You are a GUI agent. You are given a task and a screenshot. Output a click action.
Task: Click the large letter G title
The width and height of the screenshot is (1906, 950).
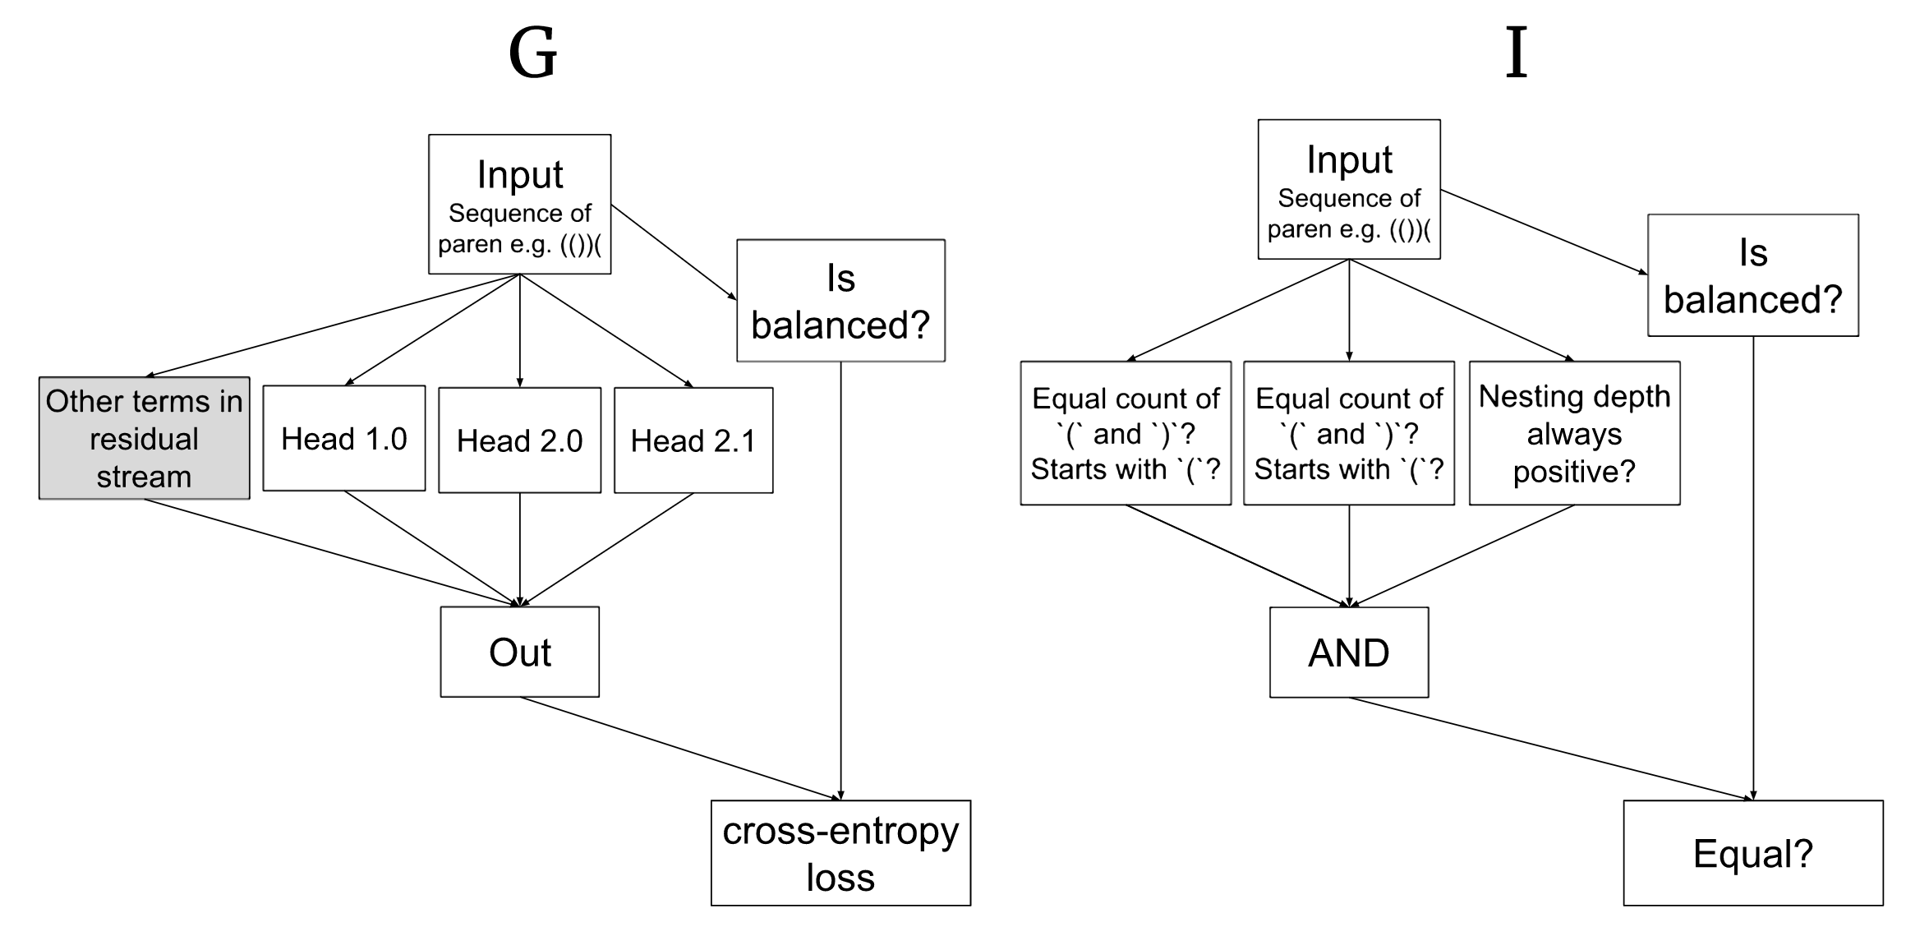[x=532, y=53]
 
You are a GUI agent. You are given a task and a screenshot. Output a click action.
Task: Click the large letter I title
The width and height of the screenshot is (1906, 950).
[x=1516, y=53]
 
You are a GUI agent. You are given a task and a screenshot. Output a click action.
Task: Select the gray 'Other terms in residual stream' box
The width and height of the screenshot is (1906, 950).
[x=145, y=438]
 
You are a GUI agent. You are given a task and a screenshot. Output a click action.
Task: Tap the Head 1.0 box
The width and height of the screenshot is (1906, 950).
[x=344, y=438]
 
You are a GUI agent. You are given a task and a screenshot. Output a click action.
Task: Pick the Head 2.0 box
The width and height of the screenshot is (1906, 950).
[x=519, y=440]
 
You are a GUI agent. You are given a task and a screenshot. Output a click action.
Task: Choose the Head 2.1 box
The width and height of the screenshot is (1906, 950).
[x=693, y=440]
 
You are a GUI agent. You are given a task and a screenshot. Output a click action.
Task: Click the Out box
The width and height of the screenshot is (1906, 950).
[x=519, y=652]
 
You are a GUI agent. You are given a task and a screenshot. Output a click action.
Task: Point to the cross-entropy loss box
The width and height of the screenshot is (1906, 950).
[x=840, y=853]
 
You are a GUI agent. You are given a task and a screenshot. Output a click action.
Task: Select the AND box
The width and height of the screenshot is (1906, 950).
[x=1348, y=653]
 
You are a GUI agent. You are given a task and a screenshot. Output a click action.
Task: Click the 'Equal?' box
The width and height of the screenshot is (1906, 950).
[x=1752, y=853]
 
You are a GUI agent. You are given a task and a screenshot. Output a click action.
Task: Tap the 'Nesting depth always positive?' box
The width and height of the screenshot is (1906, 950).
[x=1574, y=433]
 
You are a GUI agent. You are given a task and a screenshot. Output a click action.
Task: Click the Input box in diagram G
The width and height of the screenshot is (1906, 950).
[x=519, y=204]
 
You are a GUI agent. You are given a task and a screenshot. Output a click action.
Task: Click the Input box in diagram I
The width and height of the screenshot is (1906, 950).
[x=1348, y=189]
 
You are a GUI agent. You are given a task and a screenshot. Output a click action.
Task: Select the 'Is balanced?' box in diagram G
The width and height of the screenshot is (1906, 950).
[x=840, y=301]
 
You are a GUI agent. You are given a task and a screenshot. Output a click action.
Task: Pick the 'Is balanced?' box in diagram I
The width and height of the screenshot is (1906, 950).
[x=1752, y=275]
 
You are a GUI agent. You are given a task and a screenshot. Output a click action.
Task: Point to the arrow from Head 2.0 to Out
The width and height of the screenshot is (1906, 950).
[x=519, y=549]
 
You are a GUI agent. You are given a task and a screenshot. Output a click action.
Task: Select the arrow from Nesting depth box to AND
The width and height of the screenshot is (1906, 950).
[x=1462, y=556]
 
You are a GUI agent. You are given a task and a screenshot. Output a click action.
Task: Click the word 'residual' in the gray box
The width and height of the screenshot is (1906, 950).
[x=144, y=439]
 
